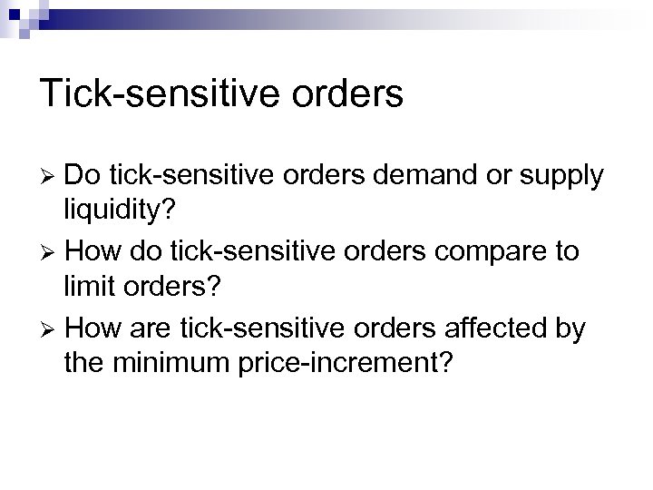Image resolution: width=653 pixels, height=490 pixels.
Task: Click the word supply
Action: (x=560, y=179)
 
